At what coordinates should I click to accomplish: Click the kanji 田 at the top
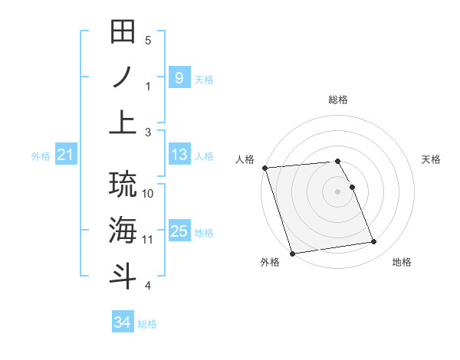coord(123,33)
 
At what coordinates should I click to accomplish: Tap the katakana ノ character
coord(123,78)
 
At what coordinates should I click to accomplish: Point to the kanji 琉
coord(123,184)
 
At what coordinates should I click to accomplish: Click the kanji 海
coord(123,231)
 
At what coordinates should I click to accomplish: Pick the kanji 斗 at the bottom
coord(123,276)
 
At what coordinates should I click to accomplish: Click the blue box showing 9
coord(179,78)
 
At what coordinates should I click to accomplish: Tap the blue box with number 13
coord(179,155)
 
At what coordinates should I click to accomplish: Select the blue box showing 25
coord(179,232)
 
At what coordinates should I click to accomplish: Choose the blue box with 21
coord(66,155)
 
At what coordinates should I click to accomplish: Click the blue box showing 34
coord(122,322)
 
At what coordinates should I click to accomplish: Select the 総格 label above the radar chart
coord(338,100)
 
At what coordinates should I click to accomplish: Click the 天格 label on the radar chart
coord(431,159)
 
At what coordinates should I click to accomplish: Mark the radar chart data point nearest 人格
coord(264,168)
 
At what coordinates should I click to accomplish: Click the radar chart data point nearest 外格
coord(292,254)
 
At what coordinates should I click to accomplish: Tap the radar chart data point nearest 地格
coord(374,242)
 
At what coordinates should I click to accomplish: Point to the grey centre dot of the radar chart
coord(338,191)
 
